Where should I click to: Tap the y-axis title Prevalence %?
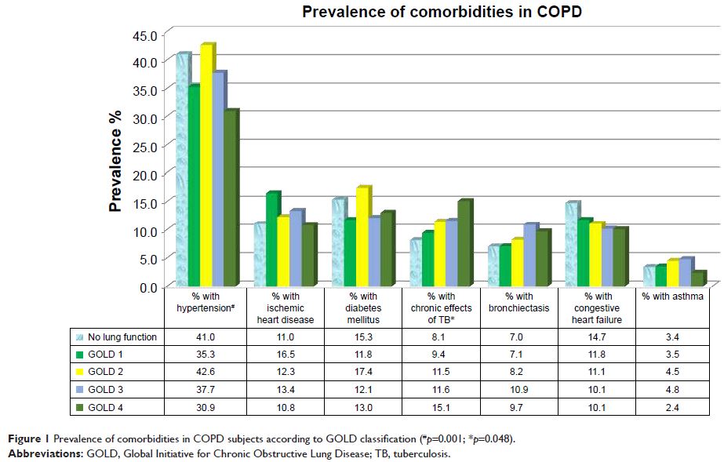click(x=116, y=160)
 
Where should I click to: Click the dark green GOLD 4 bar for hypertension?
click(x=231, y=199)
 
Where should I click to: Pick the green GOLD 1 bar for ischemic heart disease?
click(x=271, y=240)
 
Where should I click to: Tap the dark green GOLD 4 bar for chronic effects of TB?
click(x=464, y=244)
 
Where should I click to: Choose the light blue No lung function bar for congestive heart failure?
click(x=571, y=245)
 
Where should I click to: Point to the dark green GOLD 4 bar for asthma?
click(x=698, y=279)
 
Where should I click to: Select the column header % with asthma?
click(x=673, y=296)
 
